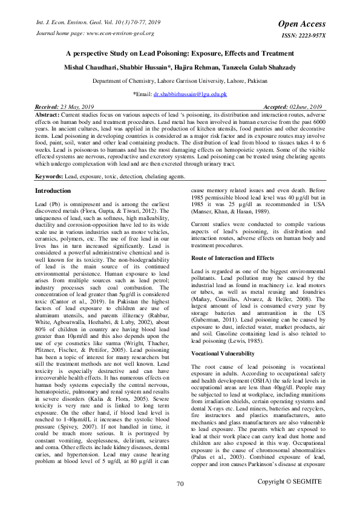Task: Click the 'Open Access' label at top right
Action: [x=302, y=24]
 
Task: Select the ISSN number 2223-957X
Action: [x=310, y=35]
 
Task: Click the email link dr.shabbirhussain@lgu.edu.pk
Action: [x=189, y=95]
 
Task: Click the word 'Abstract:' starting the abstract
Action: [x=47, y=114]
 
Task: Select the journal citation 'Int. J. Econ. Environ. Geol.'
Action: [x=65, y=22]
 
